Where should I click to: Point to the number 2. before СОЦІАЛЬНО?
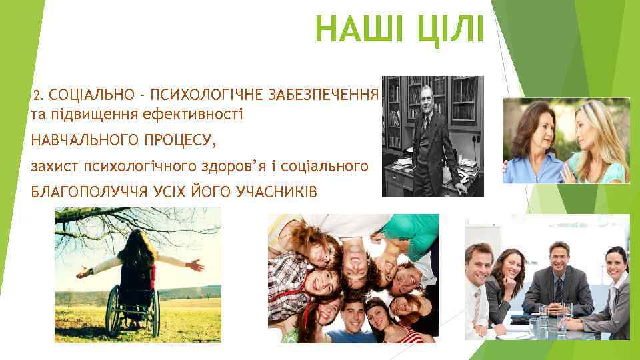[38, 96]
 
